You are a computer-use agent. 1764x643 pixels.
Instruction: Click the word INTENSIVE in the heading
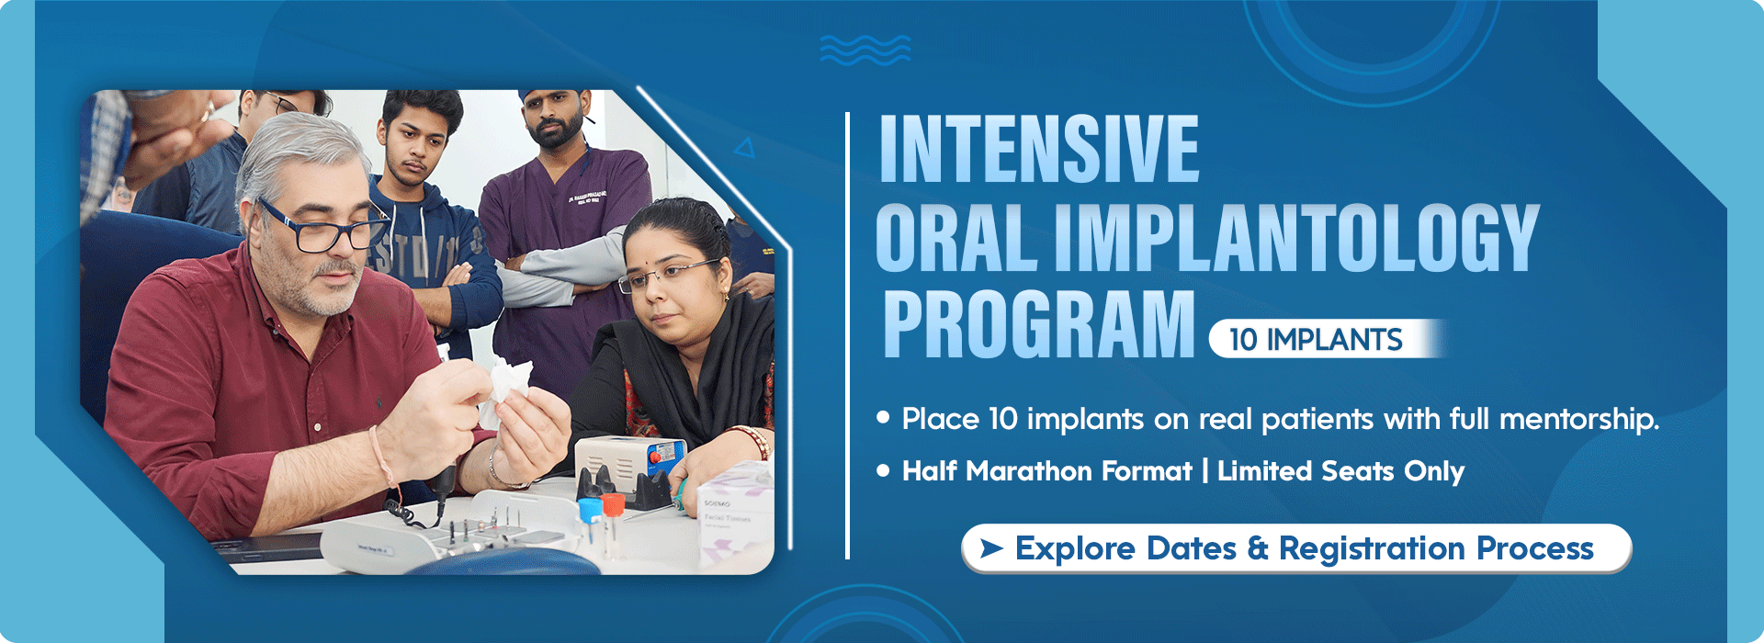point(1038,149)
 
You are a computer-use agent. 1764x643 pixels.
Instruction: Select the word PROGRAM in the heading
point(1038,324)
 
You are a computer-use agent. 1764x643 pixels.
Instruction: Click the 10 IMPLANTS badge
point(1316,339)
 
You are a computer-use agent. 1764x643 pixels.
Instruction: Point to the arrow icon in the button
point(990,548)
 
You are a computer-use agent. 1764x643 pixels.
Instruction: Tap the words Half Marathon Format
point(1046,471)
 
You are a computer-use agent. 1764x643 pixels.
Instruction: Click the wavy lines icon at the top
point(865,50)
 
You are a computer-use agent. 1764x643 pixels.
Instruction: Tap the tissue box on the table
point(735,519)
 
